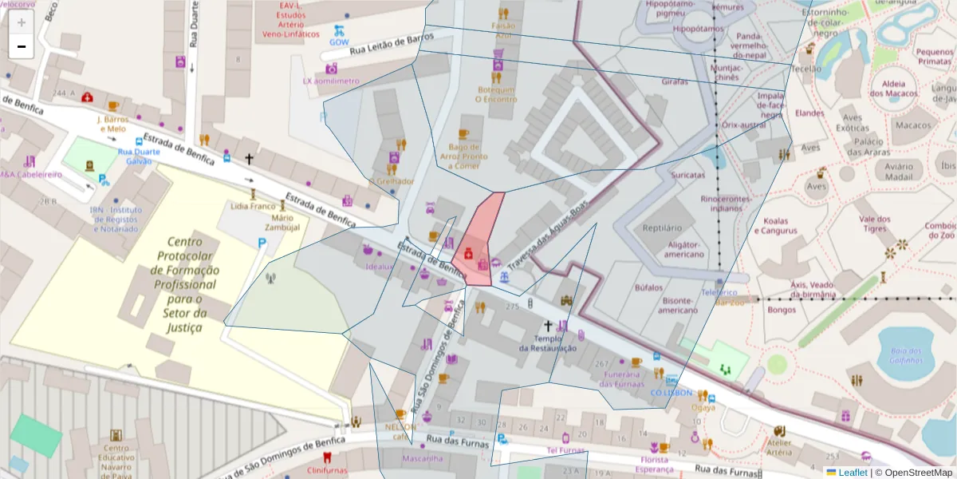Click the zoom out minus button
point(22,46)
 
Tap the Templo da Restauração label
point(547,342)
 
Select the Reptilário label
point(661,228)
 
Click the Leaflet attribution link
point(852,473)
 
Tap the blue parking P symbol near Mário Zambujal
point(262,243)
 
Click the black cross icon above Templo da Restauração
point(548,325)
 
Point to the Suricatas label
point(687,175)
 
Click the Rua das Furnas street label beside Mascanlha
point(456,440)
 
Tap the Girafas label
point(675,82)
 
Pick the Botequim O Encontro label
point(496,94)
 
